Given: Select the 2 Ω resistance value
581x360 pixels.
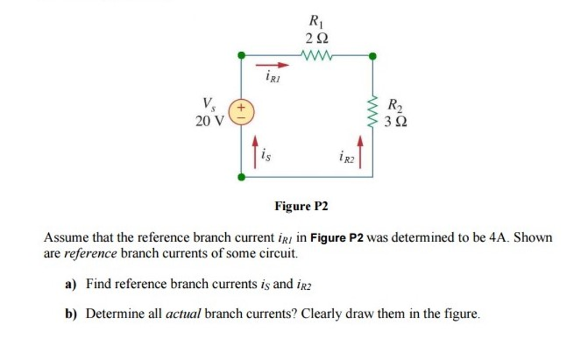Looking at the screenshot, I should coord(316,39).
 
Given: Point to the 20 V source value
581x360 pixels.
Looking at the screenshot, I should coord(209,121).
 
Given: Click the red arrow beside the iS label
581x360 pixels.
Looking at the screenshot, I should coord(255,150).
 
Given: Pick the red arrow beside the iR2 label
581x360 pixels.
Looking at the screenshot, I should coord(359,150).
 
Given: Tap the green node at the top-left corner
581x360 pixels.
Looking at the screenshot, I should coord(241,56).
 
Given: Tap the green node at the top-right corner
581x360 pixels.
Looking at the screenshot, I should coord(373,56).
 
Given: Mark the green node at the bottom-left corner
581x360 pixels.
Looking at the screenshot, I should coord(241,177).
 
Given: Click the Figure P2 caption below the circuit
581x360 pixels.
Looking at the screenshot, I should coord(301,206).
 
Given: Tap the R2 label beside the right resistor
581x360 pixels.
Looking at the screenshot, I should coord(395,105).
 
